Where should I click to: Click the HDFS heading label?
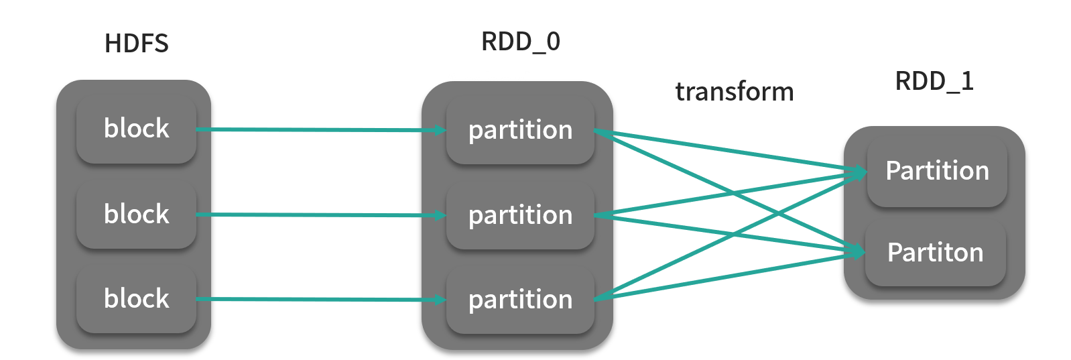[137, 44]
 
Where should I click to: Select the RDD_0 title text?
[521, 42]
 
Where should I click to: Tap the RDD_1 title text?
[934, 81]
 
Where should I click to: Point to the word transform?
[735, 92]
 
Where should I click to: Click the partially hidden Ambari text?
[487, 78]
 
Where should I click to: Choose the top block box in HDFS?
[136, 129]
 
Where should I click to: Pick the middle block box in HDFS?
[136, 215]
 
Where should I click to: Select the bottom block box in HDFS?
[136, 299]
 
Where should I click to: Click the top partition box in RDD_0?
[520, 130]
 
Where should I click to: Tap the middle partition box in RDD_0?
[520, 215]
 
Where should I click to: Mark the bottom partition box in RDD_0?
[520, 300]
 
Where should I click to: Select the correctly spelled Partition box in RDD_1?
[937, 172]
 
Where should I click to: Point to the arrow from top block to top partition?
[315, 129]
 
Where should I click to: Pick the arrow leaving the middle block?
[315, 215]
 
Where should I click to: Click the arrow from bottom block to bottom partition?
[315, 299]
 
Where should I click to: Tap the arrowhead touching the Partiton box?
[859, 252]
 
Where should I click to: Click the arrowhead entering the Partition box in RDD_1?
[860, 173]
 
